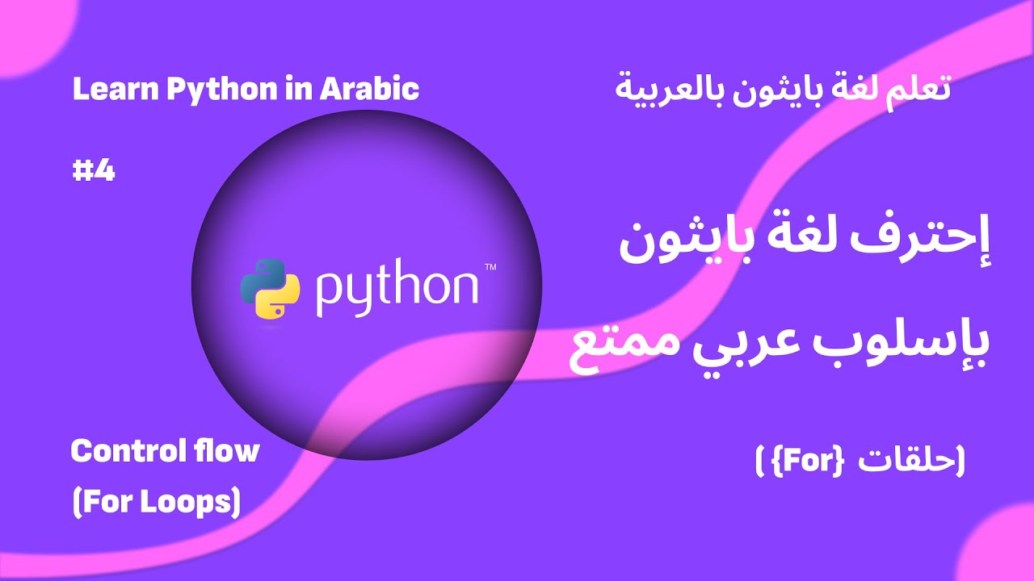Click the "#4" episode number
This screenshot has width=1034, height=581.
pos(94,171)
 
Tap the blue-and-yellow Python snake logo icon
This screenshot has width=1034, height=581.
pos(270,288)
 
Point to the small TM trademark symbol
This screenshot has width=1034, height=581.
pos(490,267)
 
